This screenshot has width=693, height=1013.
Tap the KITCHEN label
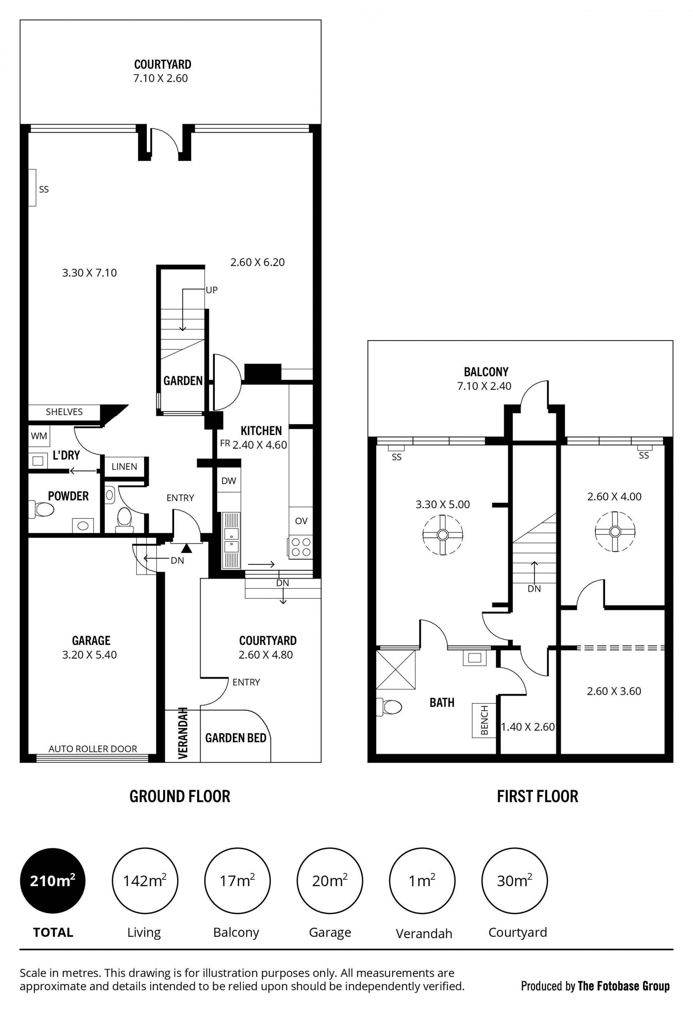pyautogui.click(x=261, y=431)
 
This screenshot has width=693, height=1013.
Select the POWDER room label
pyautogui.click(x=68, y=496)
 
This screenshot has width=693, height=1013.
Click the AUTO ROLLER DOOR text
pyautogui.click(x=93, y=749)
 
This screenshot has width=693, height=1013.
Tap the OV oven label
pyautogui.click(x=301, y=521)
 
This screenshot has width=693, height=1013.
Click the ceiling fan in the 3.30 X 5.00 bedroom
pyautogui.click(x=443, y=534)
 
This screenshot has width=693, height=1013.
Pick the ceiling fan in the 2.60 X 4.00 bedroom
pyautogui.click(x=615, y=531)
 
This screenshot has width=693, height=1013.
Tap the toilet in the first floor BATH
pyautogui.click(x=389, y=707)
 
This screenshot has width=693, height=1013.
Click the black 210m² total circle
pyautogui.click(x=53, y=881)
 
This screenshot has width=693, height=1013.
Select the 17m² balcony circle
pyautogui.click(x=237, y=881)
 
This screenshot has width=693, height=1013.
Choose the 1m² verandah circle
pyautogui.click(x=422, y=881)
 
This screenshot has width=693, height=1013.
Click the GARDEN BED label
pyautogui.click(x=236, y=738)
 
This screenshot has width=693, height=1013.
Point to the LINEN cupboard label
pyautogui.click(x=124, y=466)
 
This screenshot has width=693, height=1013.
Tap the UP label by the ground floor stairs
pyautogui.click(x=212, y=290)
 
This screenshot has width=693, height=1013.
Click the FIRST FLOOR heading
pyautogui.click(x=537, y=796)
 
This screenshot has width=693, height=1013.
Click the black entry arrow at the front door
pyautogui.click(x=187, y=547)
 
